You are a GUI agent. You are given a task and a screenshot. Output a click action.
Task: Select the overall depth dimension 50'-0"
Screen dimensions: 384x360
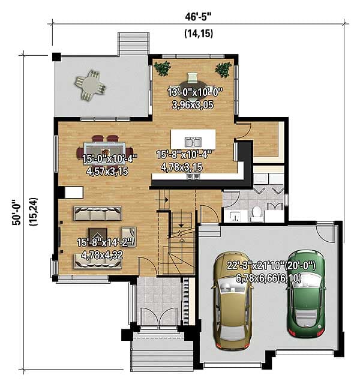[x=17, y=213]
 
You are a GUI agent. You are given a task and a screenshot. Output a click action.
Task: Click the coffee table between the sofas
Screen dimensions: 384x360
[x=98, y=235]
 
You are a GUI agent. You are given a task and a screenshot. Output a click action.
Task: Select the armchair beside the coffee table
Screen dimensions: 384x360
[x=128, y=234]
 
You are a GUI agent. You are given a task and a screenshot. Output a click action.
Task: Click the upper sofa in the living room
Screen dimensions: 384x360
[x=97, y=212]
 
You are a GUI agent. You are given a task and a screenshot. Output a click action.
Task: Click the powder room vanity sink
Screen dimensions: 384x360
[x=235, y=214]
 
